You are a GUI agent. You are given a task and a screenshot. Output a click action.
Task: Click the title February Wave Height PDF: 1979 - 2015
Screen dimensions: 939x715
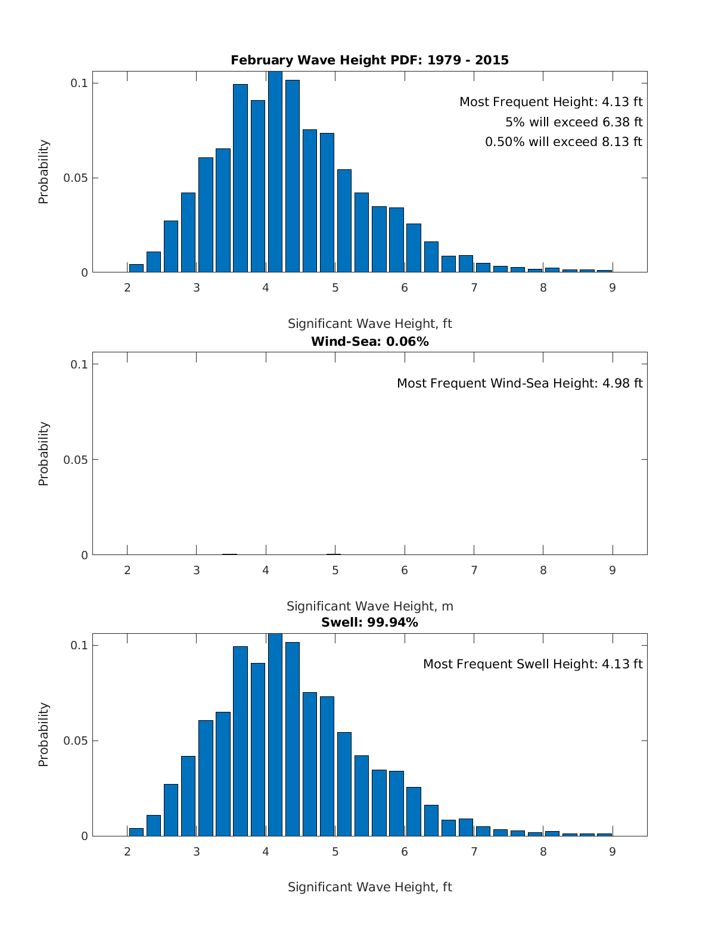click(x=369, y=60)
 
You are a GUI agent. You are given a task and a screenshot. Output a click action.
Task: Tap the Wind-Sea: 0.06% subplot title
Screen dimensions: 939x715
click(x=369, y=342)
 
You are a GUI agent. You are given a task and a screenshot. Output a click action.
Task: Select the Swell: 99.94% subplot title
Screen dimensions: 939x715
click(x=369, y=622)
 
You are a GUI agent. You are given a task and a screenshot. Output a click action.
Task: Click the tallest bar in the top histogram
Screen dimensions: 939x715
click(x=275, y=173)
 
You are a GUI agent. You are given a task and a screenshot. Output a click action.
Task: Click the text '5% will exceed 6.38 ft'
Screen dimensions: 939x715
click(x=574, y=122)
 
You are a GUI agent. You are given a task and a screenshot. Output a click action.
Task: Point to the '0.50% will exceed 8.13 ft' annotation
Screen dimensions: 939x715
click(x=564, y=142)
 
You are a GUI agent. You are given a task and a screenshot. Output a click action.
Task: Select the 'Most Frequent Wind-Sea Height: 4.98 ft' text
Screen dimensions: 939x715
click(x=520, y=383)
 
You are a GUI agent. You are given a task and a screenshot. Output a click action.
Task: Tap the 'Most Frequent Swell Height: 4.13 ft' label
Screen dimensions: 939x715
click(x=533, y=664)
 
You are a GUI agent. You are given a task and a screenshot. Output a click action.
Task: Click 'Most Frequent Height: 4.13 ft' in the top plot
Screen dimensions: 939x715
click(x=551, y=102)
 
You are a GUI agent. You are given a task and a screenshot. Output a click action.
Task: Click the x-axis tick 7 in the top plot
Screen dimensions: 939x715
click(x=474, y=288)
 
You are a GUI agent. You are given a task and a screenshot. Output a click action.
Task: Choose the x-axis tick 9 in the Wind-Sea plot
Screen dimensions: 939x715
click(x=613, y=571)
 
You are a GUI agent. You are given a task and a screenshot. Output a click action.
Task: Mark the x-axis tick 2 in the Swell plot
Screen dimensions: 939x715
click(x=128, y=852)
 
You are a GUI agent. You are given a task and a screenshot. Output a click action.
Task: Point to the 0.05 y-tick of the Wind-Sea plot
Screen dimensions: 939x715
click(x=76, y=460)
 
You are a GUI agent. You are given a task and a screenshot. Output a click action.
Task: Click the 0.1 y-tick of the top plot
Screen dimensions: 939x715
click(x=79, y=83)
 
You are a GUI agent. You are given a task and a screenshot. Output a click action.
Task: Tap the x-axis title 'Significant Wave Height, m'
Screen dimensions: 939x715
click(x=369, y=606)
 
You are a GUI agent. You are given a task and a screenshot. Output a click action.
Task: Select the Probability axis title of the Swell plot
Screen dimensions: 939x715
click(x=43, y=735)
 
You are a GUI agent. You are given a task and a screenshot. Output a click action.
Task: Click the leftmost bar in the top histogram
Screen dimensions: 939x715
click(x=136, y=268)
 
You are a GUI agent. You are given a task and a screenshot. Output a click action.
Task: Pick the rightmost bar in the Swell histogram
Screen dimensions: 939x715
click(x=605, y=834)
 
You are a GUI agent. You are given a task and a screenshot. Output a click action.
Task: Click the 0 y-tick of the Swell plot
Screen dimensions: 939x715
click(x=84, y=836)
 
